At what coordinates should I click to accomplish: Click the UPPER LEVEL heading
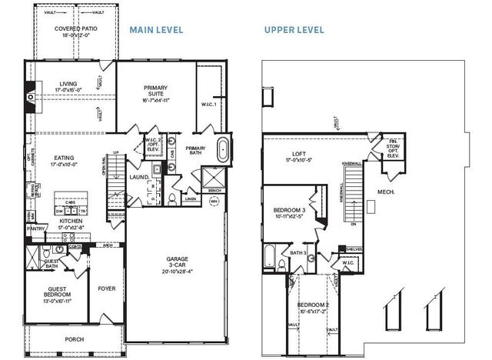coord(294,30)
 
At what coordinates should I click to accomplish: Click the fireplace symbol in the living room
coord(30,97)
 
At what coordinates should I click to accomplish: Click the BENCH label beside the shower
coord(215,189)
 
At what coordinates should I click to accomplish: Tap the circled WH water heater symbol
coord(214,203)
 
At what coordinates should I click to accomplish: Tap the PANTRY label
coord(35,228)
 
